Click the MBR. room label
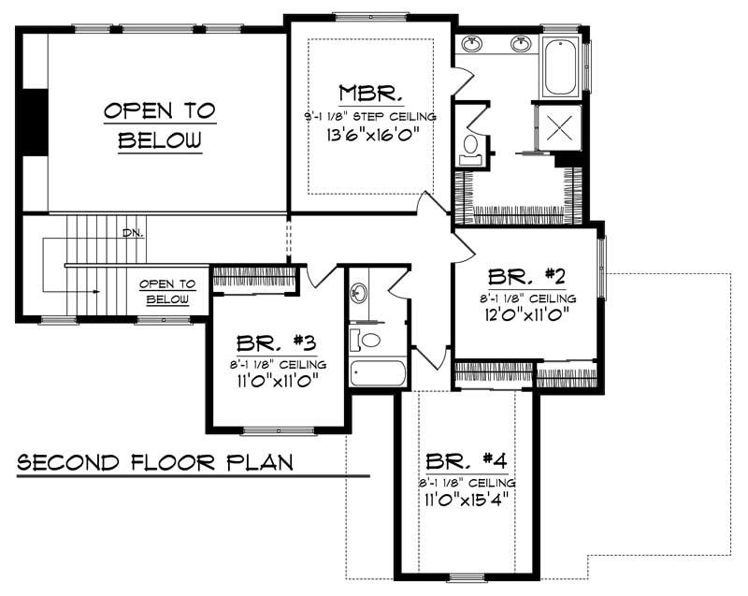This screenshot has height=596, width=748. click(x=371, y=94)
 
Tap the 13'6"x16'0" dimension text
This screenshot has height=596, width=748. click(x=371, y=134)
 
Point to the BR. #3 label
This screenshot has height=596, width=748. click(x=278, y=342)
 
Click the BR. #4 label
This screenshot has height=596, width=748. click(x=467, y=461)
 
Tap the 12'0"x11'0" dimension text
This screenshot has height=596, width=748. click(x=528, y=314)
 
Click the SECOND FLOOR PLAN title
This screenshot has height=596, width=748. click(x=155, y=462)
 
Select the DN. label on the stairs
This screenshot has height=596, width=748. click(x=132, y=233)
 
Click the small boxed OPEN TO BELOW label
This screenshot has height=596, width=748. click(x=167, y=291)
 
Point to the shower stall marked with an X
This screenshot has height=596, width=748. click(x=558, y=127)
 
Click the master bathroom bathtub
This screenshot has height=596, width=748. click(x=560, y=65)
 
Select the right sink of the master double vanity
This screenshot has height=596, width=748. click(x=520, y=43)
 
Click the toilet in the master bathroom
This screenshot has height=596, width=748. click(x=471, y=146)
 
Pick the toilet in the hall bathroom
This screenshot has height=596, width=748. click(x=370, y=339)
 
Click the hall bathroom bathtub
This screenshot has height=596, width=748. click(x=378, y=373)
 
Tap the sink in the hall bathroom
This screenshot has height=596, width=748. click(x=357, y=294)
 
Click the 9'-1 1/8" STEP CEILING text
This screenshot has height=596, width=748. click(x=371, y=116)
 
